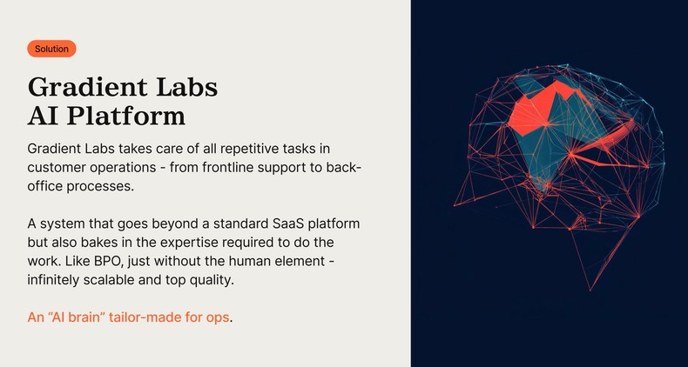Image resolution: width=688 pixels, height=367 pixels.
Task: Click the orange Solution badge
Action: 51,50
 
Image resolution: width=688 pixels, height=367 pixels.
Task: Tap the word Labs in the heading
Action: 184,87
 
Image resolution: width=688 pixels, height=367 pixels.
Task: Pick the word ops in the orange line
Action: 218,317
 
